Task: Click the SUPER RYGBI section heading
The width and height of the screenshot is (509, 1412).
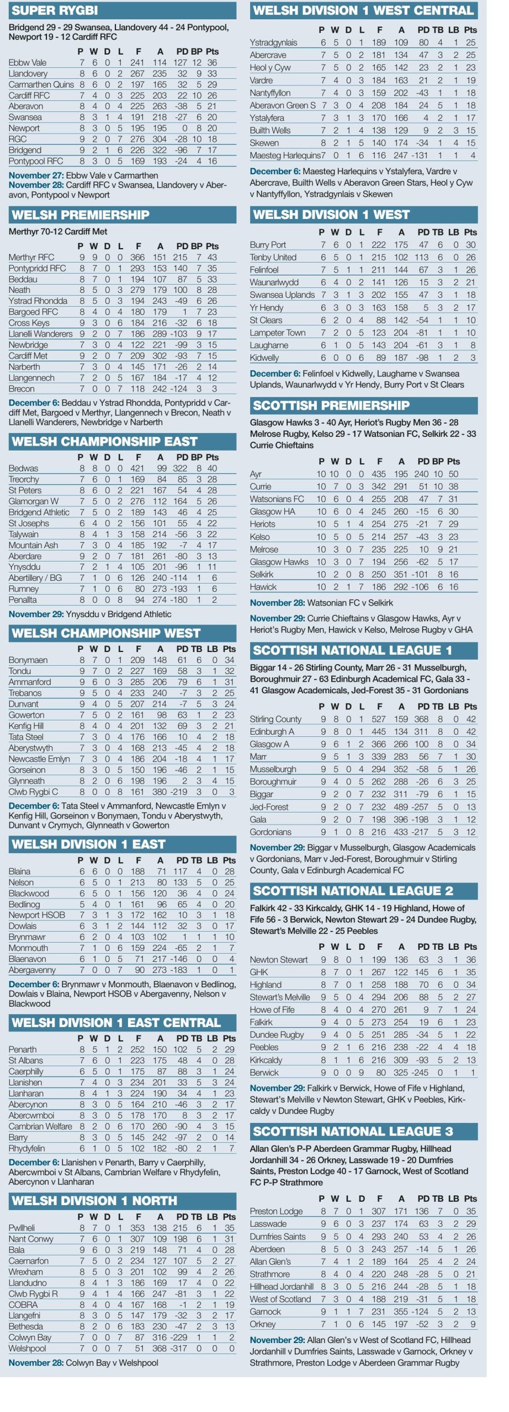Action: pos(55,10)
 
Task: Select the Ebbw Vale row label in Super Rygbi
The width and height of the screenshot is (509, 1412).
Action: pos(28,62)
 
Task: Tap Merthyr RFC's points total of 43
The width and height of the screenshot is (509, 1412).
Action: pos(212,257)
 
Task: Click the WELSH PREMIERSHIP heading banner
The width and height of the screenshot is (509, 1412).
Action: pos(81,215)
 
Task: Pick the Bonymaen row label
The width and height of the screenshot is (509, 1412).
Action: pos(28,660)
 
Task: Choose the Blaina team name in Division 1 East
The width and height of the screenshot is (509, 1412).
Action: pos(19,871)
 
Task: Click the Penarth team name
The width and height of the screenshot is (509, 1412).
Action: pos(23,1049)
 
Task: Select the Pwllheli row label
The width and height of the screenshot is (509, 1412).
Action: pos(22,1228)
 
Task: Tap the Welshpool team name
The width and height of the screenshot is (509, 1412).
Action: pos(27,1348)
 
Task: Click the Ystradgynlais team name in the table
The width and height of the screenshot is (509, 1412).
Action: pos(273,42)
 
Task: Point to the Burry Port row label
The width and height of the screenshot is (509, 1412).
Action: pos(268,244)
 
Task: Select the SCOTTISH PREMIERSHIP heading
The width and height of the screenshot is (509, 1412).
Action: pos(331,405)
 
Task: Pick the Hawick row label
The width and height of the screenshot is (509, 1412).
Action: pos(263,587)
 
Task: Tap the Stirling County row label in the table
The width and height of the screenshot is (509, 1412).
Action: pos(275,719)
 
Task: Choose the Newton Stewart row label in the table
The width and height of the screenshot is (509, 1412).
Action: pos(279,960)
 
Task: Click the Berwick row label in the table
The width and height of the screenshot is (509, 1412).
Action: pos(264,1073)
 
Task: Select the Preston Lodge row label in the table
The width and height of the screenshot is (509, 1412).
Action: pos(276,1211)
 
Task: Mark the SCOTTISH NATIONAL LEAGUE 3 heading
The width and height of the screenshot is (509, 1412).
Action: pos(352,1131)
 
